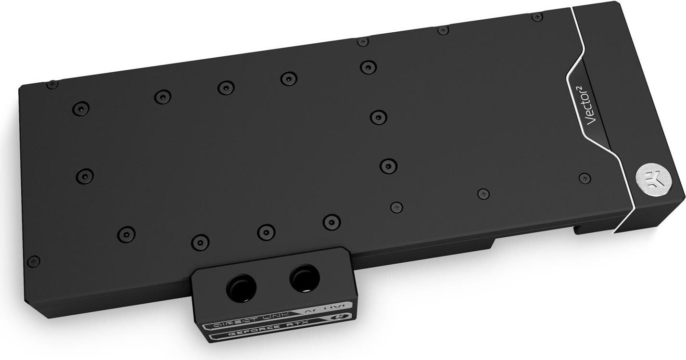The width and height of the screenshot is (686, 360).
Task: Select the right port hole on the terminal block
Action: pyautogui.click(x=302, y=278)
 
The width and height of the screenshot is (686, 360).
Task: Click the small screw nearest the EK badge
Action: pyautogui.click(x=584, y=178)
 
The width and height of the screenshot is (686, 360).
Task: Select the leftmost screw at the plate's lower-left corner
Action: pyautogui.click(x=33, y=261)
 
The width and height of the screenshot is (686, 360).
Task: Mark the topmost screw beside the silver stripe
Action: pyautogui.click(x=537, y=17)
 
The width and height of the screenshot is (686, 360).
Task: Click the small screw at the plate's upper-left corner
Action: pyautogui.click(x=52, y=84)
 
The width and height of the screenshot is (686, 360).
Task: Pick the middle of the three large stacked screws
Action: pyautogui.click(x=379, y=117)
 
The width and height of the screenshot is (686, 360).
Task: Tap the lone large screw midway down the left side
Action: pyautogui.click(x=85, y=176)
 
